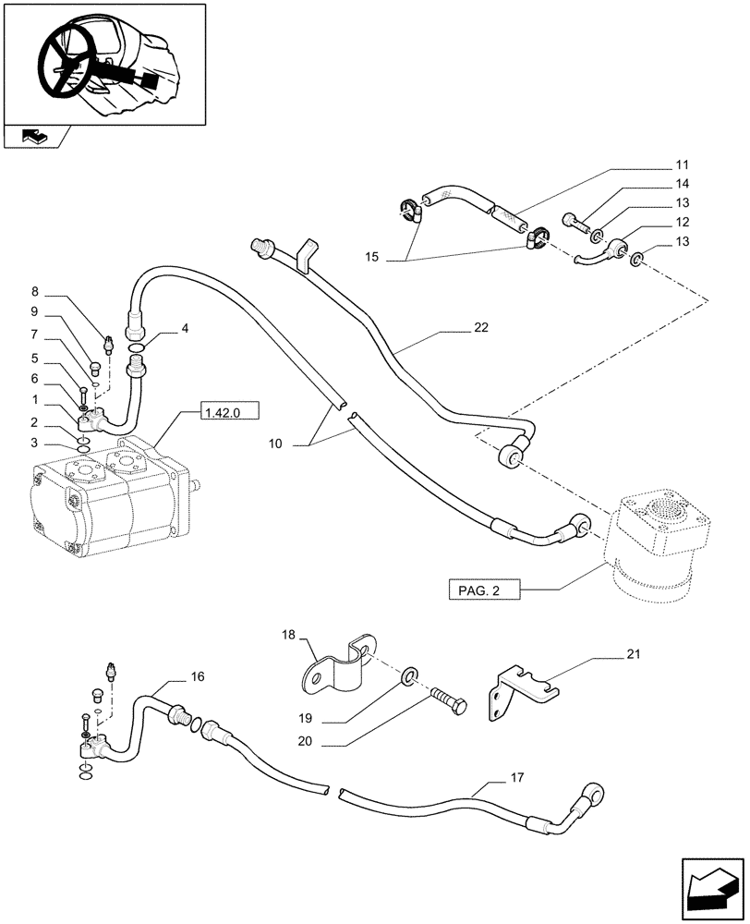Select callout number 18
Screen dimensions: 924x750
(x=289, y=635)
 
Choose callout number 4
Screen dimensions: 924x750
(x=185, y=327)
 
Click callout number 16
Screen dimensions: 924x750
(x=197, y=677)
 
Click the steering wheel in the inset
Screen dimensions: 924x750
(x=66, y=61)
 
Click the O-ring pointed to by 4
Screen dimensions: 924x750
(x=136, y=348)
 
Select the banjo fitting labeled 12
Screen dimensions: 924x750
(x=611, y=249)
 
